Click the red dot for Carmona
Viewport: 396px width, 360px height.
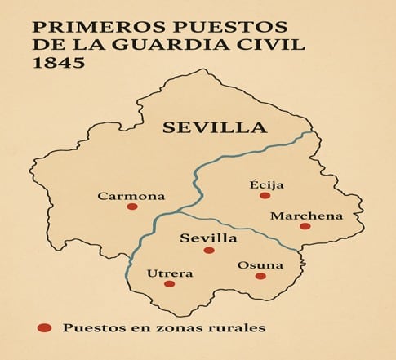(x=131, y=207)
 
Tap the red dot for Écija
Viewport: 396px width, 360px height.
(x=265, y=196)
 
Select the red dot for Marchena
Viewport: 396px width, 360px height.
(x=305, y=226)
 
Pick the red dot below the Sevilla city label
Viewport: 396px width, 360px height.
(x=209, y=251)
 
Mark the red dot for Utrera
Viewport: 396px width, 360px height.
(x=169, y=284)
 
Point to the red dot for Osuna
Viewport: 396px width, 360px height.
(x=260, y=276)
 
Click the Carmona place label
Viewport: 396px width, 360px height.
(x=131, y=196)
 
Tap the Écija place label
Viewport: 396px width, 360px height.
(x=266, y=184)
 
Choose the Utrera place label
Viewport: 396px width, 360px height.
(x=170, y=273)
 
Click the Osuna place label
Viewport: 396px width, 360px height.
(x=260, y=265)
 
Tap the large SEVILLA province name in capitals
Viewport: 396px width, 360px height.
(x=214, y=127)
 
